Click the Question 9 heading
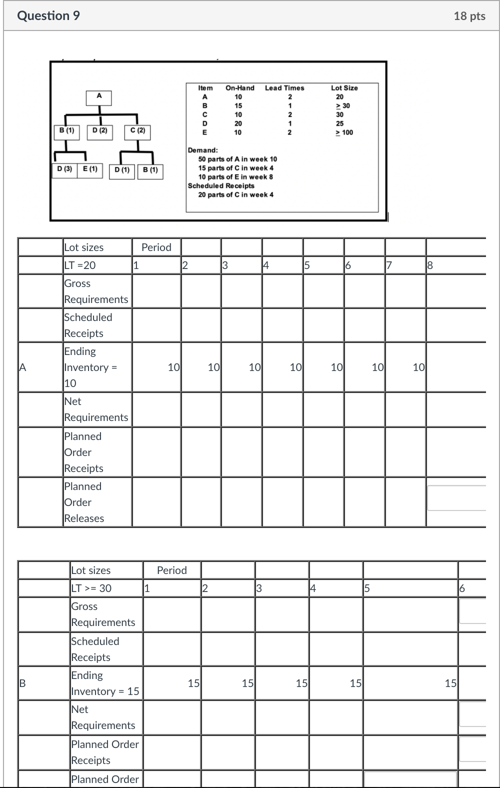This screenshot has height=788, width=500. coord(48,16)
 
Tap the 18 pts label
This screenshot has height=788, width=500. coord(469,16)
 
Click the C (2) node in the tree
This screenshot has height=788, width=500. coord(137,131)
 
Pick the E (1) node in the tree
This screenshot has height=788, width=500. coord(90,169)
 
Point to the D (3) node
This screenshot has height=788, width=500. coord(64,169)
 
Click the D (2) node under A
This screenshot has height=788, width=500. coord(100,131)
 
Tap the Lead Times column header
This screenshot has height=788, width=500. coord(284,88)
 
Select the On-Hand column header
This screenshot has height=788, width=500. coord(239,88)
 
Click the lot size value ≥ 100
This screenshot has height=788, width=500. coord(344,132)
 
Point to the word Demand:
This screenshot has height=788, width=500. coord(202,150)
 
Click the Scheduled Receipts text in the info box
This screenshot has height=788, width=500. coord(221,185)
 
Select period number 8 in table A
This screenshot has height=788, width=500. coord(430,265)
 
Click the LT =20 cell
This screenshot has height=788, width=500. coord(80,265)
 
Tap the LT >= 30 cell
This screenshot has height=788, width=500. coord(91,588)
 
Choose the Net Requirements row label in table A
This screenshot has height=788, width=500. coord(96,409)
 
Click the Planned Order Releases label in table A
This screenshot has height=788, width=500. coord(84,502)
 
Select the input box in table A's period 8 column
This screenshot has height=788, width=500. coord(456,498)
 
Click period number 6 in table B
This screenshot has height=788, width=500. coord(462,588)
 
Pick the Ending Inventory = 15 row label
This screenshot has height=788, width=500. coord(105,683)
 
